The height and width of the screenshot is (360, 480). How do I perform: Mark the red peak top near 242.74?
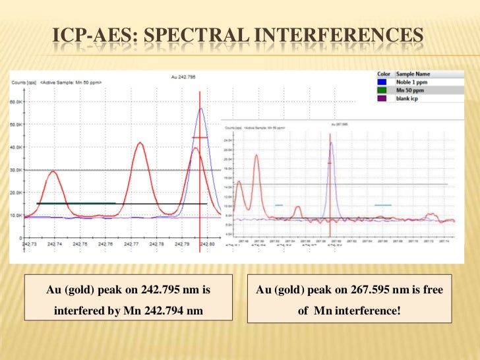click(53, 171)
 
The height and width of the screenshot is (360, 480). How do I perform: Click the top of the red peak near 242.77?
click(139, 142)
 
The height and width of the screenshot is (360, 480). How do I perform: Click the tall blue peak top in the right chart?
click(332, 142)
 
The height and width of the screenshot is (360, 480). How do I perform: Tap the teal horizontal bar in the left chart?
click(76, 203)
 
